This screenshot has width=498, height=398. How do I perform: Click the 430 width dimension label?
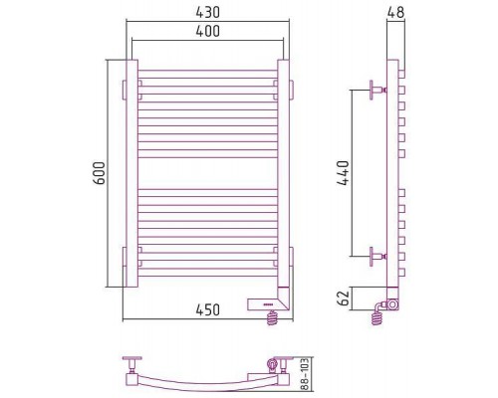pyautogui.click(x=207, y=12)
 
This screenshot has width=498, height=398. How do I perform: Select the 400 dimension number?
pyautogui.click(x=207, y=31)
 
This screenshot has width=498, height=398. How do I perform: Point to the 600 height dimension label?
pyautogui.click(x=99, y=173)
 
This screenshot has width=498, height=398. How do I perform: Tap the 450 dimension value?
pyautogui.click(x=207, y=310)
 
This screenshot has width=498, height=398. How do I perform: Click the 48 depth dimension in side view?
pyautogui.click(x=395, y=12)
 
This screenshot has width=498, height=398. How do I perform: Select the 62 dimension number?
pyautogui.click(x=344, y=298)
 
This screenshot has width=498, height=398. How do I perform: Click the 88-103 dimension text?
pyautogui.click(x=306, y=374)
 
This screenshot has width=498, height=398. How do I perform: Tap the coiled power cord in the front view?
pyautogui.click(x=272, y=317)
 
